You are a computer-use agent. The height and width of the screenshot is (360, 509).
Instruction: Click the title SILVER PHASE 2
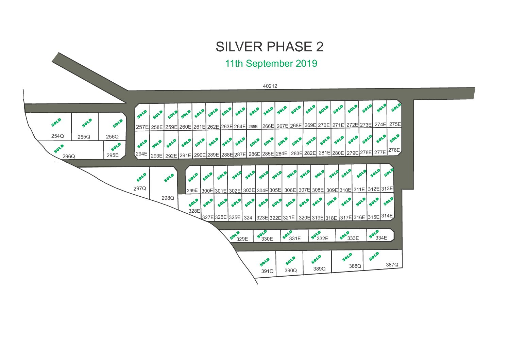[270, 47]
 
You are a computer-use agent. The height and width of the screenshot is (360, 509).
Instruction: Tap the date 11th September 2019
[271, 63]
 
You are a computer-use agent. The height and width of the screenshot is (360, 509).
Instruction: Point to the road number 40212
[270, 86]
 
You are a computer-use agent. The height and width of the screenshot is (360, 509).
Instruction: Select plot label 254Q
[57, 136]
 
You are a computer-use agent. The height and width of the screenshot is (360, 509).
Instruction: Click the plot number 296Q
[69, 157]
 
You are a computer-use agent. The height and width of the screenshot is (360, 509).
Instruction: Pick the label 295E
[113, 155]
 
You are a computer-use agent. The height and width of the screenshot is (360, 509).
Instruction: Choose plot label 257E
[142, 127]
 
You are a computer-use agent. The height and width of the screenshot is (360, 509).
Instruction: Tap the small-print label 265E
[253, 127]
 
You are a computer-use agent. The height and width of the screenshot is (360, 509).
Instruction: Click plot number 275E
[395, 124]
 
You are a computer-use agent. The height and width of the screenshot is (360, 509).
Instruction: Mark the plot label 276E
[394, 150]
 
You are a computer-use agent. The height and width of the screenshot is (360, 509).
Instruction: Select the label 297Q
[140, 189]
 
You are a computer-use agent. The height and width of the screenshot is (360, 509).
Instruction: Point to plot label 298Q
[168, 198]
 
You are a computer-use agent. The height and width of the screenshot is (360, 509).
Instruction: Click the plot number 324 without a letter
[248, 218]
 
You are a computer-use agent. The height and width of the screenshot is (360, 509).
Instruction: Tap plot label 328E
[194, 211]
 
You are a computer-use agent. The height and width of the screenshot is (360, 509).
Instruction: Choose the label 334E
[381, 238]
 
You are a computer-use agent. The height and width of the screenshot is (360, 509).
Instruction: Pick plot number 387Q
[392, 265]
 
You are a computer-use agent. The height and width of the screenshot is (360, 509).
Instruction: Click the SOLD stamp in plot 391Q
[265, 262]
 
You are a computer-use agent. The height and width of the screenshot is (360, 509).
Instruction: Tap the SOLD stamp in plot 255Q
[87, 123]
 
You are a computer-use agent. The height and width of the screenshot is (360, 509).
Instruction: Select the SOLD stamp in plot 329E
[235, 235]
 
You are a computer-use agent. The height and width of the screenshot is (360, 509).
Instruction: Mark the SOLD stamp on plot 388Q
[347, 257]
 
